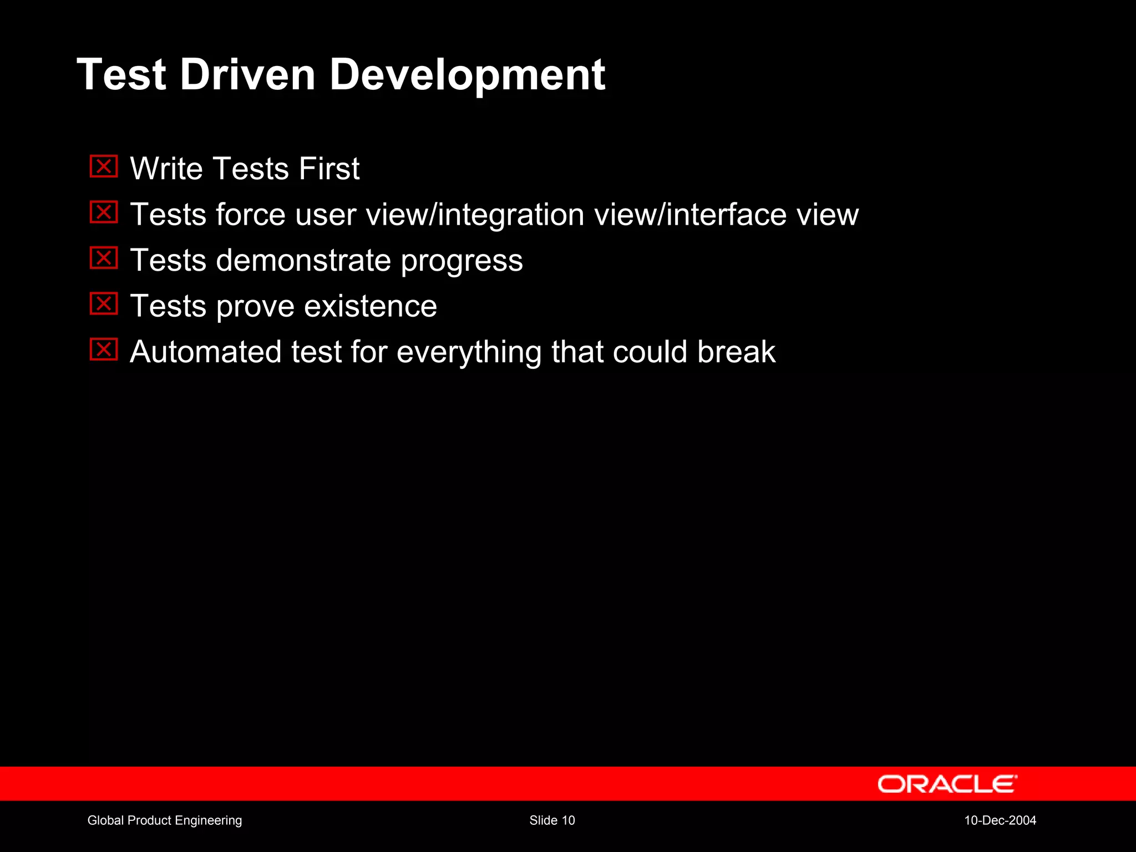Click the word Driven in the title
pos(247,75)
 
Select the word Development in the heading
pos(467,75)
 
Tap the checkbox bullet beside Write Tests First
pos(104,166)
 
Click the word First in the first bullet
pos(329,169)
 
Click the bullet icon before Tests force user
pos(104,212)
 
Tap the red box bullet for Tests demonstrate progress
pos(104,258)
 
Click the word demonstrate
pos(303,261)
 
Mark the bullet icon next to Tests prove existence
pos(104,304)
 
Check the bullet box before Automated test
pos(104,350)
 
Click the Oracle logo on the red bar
pos(947,784)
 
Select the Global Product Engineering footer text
pos(165,820)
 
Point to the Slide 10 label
pos(552,820)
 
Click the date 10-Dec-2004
pos(1000,820)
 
